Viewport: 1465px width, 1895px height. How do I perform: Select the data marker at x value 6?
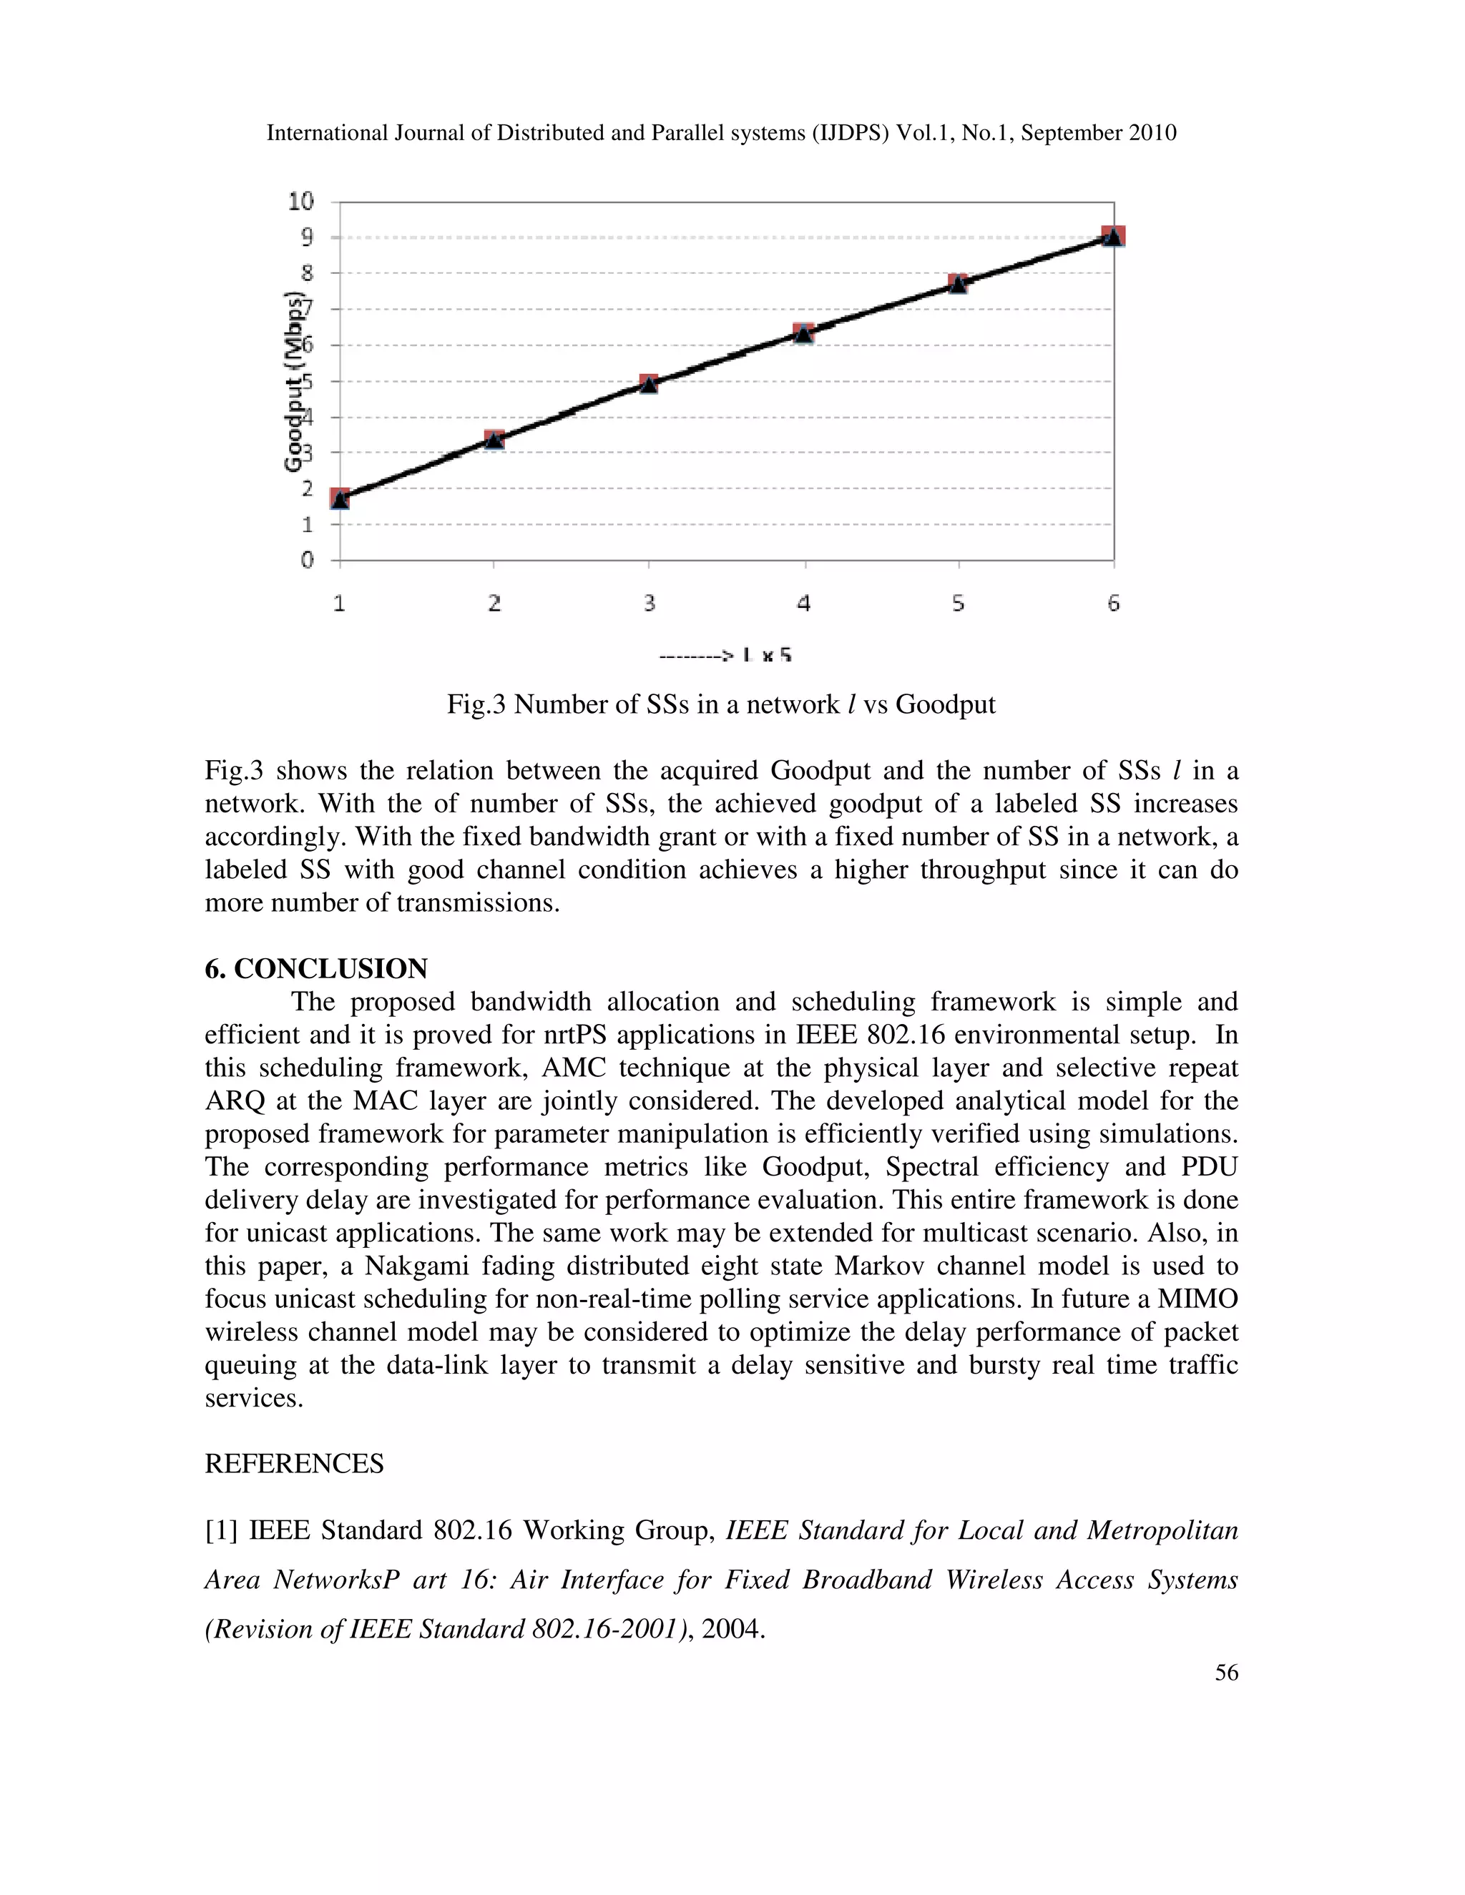coord(1114,236)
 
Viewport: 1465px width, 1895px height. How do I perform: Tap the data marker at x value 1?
coord(340,498)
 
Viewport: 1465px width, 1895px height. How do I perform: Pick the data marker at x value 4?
coord(803,333)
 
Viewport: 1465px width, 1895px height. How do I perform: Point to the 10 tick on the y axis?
coord(301,202)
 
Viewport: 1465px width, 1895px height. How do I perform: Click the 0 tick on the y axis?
coord(306,561)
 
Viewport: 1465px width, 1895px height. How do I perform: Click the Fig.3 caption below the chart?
coord(721,704)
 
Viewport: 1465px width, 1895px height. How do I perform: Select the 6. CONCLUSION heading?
coord(316,968)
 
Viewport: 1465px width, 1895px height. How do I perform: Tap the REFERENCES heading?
coord(294,1464)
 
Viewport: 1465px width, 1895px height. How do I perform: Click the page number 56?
coord(1226,1672)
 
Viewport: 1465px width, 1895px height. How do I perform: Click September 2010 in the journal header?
coord(1099,133)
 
